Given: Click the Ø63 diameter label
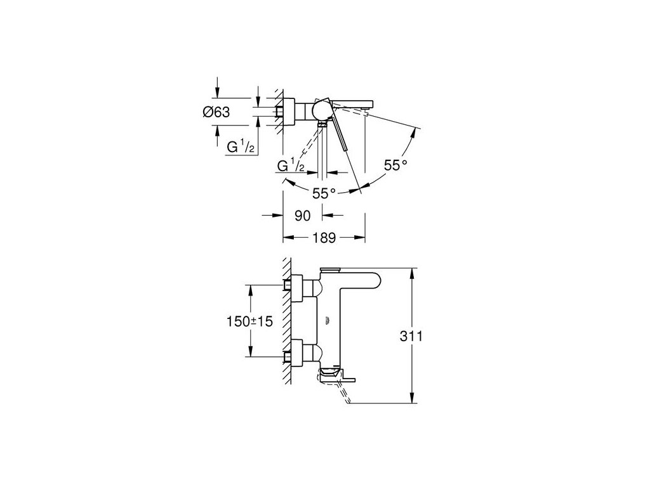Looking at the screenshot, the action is click(216, 112).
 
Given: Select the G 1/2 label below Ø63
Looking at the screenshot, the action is click(240, 146).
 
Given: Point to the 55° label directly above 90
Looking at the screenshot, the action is click(324, 193).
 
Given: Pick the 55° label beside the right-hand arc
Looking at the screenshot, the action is click(395, 166).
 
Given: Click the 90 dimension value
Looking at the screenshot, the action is click(302, 216).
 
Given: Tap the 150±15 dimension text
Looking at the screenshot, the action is click(249, 321).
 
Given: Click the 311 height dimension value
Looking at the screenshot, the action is click(411, 336).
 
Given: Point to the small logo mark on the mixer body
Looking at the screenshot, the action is click(327, 320).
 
